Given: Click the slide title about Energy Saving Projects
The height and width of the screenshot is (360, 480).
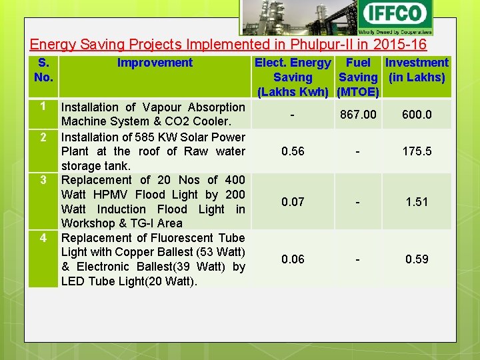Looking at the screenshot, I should tap(228, 45).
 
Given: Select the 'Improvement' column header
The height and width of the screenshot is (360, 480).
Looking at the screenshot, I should tap(155, 63).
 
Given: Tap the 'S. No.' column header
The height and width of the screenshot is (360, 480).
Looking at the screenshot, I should tap(43, 70).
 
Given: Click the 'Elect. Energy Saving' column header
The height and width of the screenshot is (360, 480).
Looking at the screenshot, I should tap(293, 77).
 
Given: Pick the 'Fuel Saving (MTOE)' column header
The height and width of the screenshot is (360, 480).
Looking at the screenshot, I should tap(358, 77).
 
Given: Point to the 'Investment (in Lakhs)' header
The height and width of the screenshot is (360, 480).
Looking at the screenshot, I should tap(417, 70).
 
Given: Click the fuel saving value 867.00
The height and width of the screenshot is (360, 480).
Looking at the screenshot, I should tap(358, 115).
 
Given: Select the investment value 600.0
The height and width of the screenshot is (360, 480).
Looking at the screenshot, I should tap(417, 115).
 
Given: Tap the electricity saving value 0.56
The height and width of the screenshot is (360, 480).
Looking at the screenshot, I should tap(293, 151).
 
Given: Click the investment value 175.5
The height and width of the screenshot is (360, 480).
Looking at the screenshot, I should tap(417, 151).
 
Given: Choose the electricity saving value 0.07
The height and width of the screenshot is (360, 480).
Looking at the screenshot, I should tap(293, 201).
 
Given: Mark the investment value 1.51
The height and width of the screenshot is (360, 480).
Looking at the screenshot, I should tap(417, 201).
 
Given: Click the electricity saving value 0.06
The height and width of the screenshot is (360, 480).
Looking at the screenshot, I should tap(293, 259).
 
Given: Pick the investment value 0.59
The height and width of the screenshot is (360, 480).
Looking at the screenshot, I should tap(417, 259).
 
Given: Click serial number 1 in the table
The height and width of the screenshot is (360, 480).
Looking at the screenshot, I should tap(43, 107).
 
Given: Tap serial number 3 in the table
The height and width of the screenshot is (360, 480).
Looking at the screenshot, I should tap(43, 180).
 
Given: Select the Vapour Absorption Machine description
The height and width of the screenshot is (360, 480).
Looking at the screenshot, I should tap(153, 114).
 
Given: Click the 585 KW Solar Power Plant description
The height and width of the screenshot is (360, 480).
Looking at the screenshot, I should tap(153, 151).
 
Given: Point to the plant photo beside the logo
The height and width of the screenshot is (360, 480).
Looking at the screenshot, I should tap(298, 17).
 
